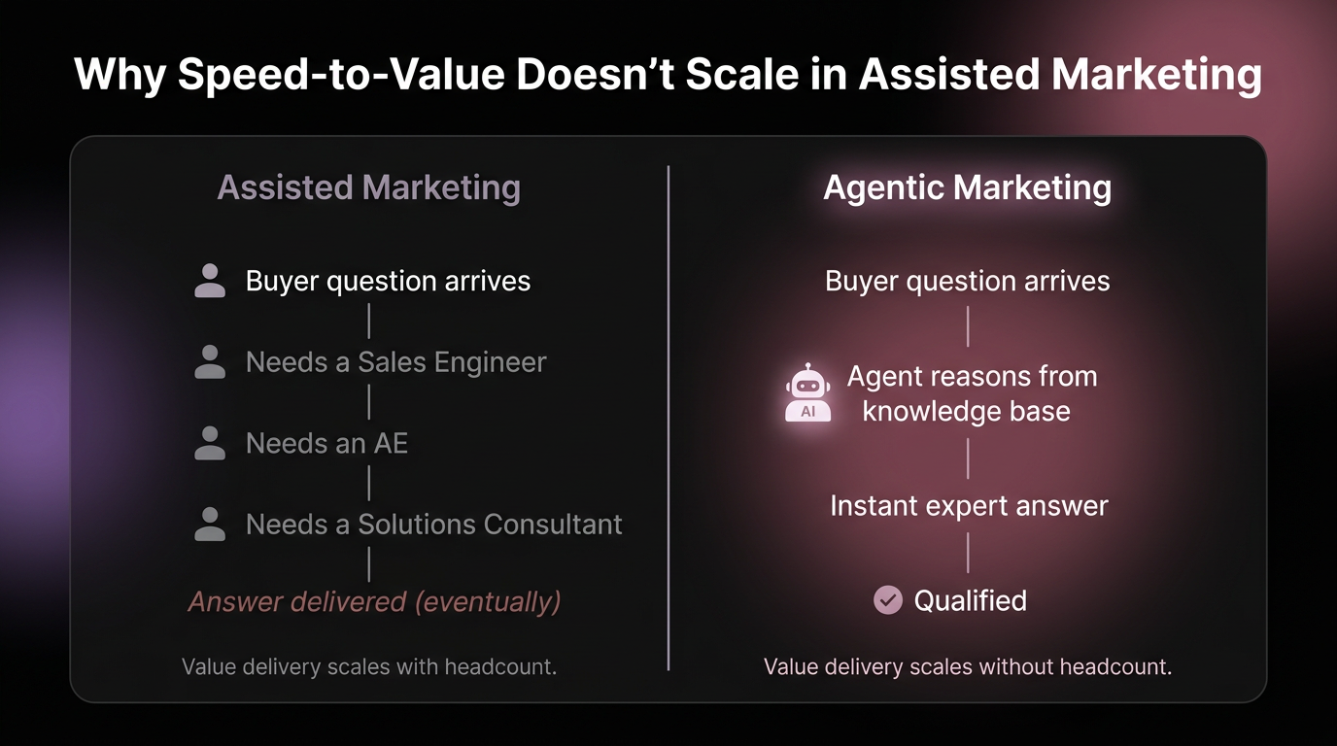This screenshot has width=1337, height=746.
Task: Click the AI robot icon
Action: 807,394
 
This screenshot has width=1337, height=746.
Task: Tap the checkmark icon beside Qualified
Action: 887,600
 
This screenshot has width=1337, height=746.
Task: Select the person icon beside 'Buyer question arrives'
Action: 210,281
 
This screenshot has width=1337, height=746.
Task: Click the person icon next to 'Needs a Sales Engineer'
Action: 210,362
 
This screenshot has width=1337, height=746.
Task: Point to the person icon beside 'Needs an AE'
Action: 210,443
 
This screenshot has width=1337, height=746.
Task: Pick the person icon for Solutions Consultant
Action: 210,525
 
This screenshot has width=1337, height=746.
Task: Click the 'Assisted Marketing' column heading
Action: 368,187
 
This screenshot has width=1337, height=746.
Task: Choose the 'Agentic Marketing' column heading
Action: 967,187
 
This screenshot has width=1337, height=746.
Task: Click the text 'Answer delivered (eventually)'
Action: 374,601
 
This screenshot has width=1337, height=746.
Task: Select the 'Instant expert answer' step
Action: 969,506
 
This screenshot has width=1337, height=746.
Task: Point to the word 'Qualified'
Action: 970,600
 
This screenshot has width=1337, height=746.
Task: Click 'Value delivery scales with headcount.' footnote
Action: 369,667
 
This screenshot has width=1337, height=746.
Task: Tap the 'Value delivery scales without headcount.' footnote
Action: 968,667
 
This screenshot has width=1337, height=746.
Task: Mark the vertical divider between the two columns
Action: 668,418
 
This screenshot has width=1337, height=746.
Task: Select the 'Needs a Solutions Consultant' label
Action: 433,525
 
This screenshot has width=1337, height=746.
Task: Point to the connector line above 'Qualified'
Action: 968,553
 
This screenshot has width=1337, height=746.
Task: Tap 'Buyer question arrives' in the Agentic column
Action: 967,281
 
